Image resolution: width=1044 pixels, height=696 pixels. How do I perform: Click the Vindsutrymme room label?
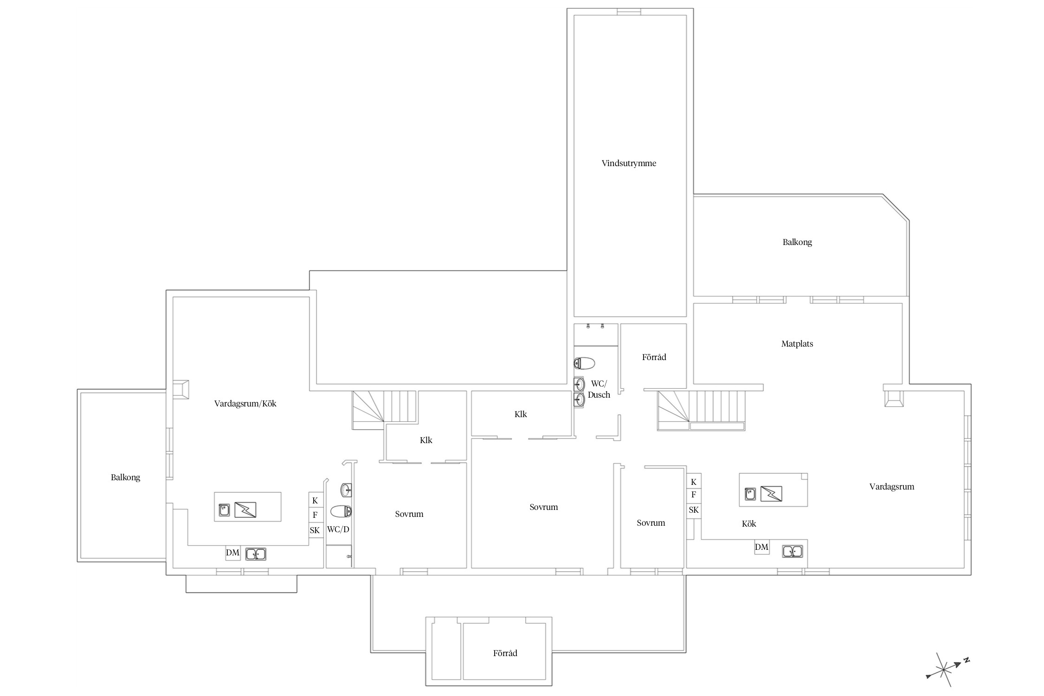[x=629, y=163]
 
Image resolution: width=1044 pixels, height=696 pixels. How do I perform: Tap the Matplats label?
[x=797, y=344]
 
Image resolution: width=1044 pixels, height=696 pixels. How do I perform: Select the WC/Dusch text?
[x=599, y=389]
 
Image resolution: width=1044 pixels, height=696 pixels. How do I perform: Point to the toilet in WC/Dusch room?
[x=584, y=363]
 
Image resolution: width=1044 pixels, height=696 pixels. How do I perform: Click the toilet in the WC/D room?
[x=341, y=511]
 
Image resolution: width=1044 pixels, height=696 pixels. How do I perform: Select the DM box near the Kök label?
[x=761, y=547]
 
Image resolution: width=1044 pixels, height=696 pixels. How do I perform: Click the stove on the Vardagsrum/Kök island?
[x=245, y=510]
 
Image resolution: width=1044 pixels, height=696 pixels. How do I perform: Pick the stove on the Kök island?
[x=771, y=494]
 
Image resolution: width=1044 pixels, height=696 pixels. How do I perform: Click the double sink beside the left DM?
[x=256, y=554]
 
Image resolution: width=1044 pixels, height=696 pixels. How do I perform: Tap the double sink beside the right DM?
[x=793, y=551]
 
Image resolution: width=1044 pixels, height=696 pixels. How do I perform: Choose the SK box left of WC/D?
[x=315, y=530]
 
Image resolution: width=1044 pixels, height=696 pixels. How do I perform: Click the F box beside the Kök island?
[x=694, y=495]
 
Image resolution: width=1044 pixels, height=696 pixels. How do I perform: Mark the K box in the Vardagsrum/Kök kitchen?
[x=315, y=501]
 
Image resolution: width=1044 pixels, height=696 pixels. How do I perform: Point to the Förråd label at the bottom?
[x=505, y=653]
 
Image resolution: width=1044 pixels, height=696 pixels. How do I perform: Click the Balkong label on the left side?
[x=125, y=477]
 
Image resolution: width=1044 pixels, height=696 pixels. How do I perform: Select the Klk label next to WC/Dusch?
[x=521, y=414]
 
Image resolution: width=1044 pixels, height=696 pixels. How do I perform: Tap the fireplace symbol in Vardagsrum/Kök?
[x=181, y=389]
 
